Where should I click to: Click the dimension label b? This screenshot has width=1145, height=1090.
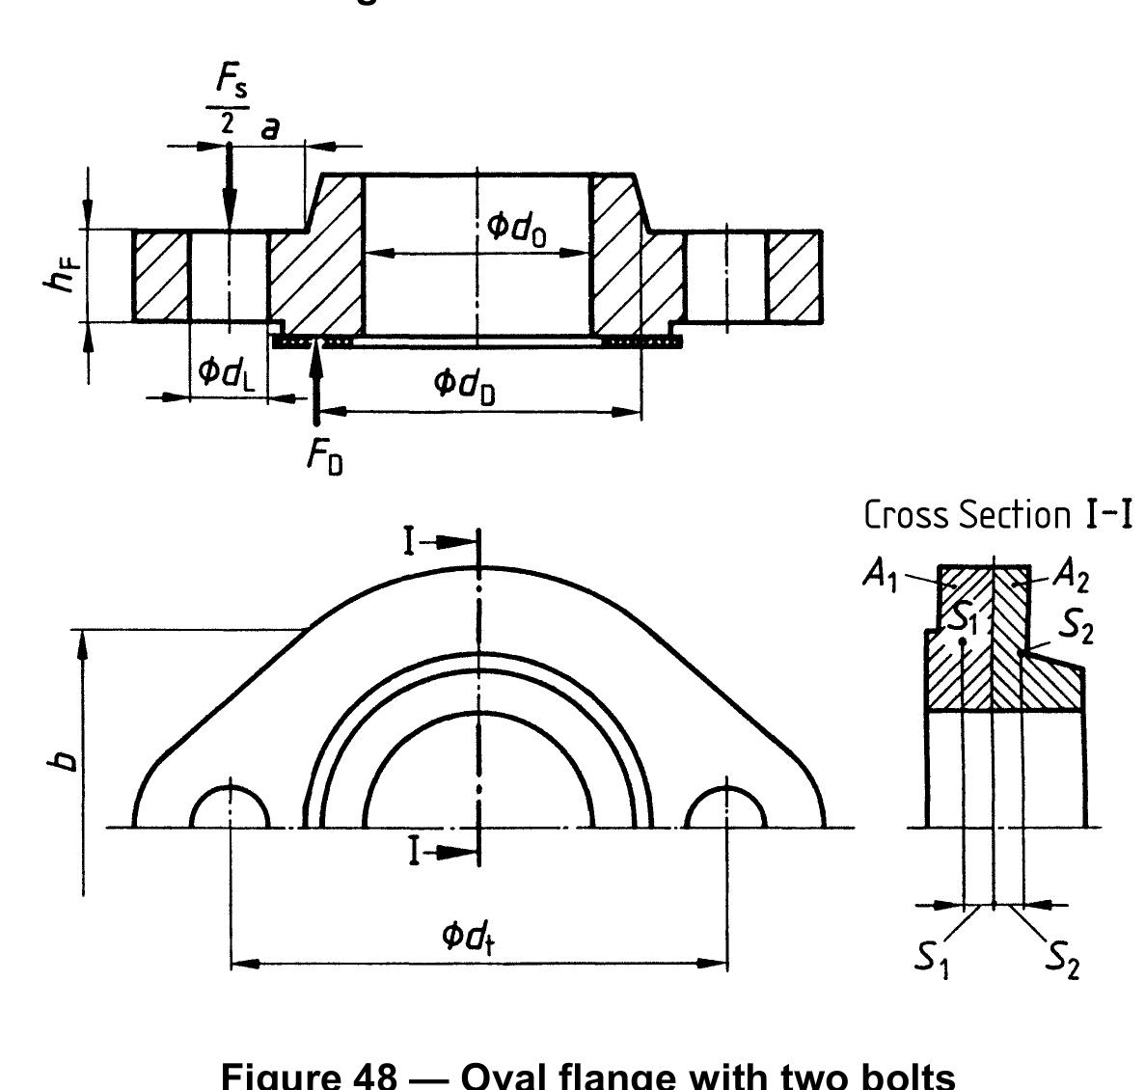64,761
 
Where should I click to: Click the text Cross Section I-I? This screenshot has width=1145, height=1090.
996,514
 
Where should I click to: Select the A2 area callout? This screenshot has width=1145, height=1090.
1069,576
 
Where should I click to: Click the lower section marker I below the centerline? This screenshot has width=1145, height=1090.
409,851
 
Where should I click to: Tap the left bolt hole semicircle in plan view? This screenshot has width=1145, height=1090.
230,807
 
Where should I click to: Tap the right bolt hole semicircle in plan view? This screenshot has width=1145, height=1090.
726,808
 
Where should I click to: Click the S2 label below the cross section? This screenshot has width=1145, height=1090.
1062,961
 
